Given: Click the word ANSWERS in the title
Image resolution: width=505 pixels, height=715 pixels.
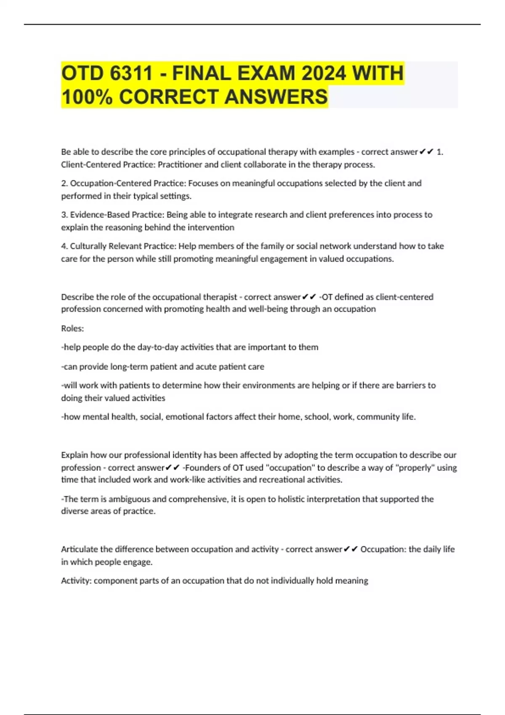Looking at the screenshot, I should [276, 97].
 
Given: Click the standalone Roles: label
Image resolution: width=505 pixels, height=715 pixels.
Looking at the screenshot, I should [72, 328].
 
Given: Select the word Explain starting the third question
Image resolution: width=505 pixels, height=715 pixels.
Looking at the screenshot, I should [74, 455].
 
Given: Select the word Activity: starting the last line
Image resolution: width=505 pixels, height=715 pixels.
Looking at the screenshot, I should [76, 581].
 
